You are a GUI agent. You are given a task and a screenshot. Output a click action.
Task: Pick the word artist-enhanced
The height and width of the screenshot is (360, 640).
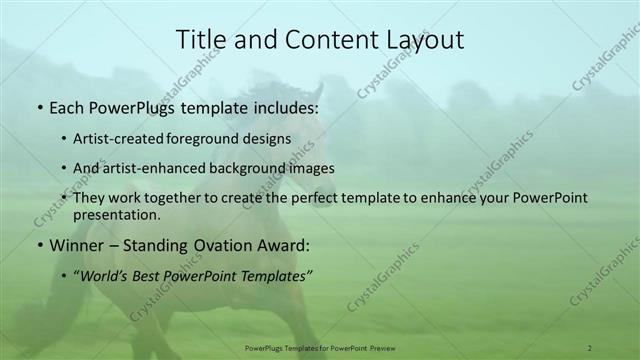(152, 168)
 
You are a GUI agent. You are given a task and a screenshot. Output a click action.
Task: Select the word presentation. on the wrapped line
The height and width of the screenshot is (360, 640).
(116, 215)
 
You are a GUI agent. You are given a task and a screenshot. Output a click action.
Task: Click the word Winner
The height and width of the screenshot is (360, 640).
(77, 245)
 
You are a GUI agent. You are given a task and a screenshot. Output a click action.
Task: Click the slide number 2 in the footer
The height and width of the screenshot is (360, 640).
(590, 348)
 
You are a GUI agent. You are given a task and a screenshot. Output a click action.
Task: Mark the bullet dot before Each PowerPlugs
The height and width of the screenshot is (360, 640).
(39, 106)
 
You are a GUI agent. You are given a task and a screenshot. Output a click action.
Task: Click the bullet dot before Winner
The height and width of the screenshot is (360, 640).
(39, 246)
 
